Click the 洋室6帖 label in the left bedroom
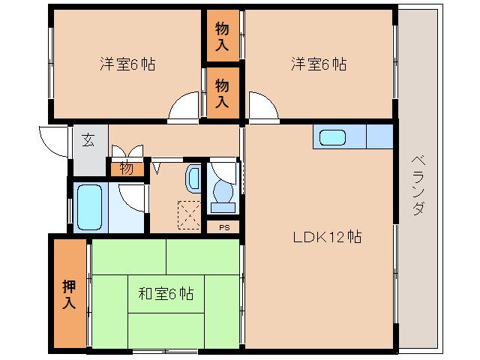point(127,64)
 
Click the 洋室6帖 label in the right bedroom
point(319,64)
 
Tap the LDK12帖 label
point(327,238)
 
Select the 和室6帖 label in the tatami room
point(166,293)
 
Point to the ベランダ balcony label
point(418,184)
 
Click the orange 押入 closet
point(69,294)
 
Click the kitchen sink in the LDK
point(331,138)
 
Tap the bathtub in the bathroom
point(89,205)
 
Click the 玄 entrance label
point(88,140)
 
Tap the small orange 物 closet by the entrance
point(127,169)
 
